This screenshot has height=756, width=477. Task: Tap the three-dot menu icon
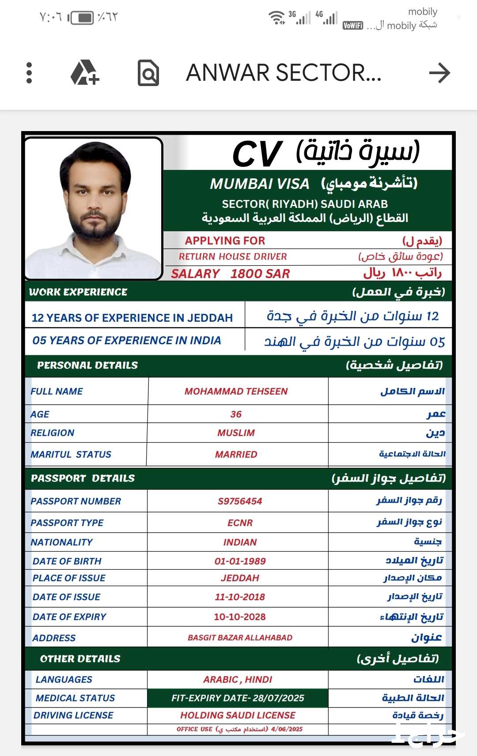[x=29, y=73]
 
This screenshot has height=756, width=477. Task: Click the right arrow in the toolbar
[x=439, y=73]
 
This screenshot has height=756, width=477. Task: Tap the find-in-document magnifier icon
[x=148, y=73]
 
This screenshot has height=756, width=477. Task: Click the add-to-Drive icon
[x=85, y=73]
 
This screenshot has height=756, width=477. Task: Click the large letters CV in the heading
[x=257, y=154]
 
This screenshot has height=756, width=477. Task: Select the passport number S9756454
[x=240, y=501]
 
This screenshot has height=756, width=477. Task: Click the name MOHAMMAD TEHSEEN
[x=236, y=391]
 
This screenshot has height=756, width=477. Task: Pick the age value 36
[x=236, y=414]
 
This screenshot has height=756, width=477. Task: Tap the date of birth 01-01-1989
[x=240, y=561]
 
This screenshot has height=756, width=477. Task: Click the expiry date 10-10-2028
[x=240, y=617]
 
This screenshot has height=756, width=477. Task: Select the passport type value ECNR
[x=240, y=523]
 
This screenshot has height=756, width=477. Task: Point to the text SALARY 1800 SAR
[x=230, y=274]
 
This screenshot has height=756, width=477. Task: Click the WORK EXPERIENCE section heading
[x=78, y=292]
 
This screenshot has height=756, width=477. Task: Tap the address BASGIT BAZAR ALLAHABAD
[x=240, y=638]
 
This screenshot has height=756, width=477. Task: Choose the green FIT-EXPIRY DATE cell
[x=238, y=698]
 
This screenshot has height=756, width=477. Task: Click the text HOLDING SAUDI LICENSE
[x=238, y=715]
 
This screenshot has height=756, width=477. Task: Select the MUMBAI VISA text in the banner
[x=260, y=184]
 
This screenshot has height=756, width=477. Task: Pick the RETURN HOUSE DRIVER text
[x=233, y=256]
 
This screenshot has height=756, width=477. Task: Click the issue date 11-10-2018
[x=240, y=597]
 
